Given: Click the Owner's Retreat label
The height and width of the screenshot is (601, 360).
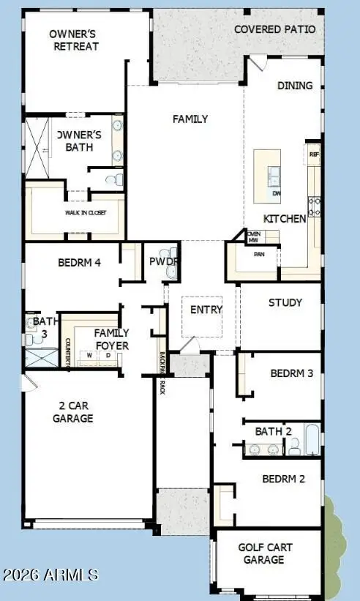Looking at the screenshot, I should [74, 40].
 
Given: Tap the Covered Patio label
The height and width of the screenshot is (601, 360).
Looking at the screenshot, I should [275, 29].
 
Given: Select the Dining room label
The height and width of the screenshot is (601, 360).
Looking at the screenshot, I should [295, 86].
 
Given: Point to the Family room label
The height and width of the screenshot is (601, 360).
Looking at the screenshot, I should [190, 119].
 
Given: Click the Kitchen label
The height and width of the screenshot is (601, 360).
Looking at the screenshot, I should [285, 219].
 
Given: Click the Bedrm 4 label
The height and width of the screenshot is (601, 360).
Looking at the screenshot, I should [79, 262].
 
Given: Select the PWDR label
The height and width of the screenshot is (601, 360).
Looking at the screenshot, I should [165, 261].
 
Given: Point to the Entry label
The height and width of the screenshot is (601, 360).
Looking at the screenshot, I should [206, 310].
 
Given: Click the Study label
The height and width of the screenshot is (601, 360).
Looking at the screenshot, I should [285, 302].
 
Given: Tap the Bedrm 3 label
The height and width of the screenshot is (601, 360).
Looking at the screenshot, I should [291, 373].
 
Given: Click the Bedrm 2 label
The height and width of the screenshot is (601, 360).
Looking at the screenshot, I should [283, 479].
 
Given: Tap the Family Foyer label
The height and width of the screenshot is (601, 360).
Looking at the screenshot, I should [112, 339].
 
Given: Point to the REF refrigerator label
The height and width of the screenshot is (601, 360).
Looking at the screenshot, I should [314, 154].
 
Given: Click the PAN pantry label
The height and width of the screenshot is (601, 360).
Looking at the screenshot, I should [258, 255].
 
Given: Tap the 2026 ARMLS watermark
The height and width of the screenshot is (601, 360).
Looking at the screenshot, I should [50, 575].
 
